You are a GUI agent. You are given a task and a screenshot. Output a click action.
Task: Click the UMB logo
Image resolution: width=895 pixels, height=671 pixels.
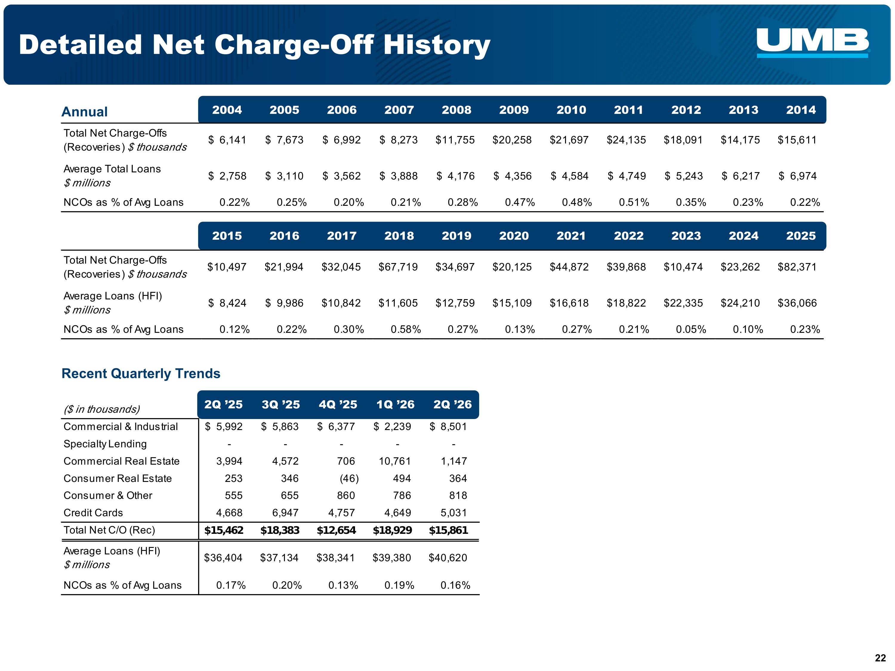[x=812, y=43]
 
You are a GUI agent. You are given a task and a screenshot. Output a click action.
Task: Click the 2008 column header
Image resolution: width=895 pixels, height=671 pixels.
[x=456, y=110]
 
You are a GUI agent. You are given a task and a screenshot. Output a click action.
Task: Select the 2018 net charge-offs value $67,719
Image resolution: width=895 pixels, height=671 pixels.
[x=398, y=267]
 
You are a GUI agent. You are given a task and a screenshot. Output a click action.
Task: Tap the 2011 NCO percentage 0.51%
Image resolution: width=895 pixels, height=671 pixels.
[x=634, y=202]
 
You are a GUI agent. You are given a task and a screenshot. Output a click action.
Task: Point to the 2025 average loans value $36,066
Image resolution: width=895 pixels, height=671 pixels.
[x=797, y=303]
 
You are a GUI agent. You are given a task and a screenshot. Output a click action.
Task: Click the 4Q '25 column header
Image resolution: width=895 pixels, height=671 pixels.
[x=338, y=404]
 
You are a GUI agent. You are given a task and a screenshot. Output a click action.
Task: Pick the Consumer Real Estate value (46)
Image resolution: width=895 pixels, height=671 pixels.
[x=349, y=478]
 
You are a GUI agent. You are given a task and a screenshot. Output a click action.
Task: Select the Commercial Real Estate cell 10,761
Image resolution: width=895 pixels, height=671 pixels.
[x=395, y=461]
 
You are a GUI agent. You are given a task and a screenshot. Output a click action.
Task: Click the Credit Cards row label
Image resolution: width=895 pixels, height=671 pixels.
[x=93, y=513]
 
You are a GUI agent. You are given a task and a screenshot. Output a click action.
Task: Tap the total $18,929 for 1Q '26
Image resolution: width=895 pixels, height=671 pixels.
[x=392, y=530]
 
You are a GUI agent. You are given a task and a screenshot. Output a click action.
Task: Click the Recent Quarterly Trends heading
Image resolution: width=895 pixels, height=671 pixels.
[x=141, y=373]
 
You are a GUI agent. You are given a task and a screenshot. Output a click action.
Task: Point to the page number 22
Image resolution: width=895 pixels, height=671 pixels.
[x=880, y=658]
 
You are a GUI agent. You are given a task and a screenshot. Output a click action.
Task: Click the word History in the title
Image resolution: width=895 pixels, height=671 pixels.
[x=437, y=45]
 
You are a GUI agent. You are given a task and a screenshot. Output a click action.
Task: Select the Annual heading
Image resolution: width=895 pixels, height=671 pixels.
[x=84, y=112]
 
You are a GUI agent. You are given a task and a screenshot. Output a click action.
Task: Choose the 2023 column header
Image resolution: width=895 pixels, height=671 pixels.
[x=686, y=236]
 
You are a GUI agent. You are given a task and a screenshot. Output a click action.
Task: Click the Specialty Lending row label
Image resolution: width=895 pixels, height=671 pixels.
[x=105, y=444]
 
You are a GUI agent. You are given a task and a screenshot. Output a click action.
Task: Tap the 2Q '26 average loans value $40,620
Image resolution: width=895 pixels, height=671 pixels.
[x=448, y=558]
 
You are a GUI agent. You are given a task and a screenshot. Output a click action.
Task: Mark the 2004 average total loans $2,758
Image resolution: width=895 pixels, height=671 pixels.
[x=227, y=176]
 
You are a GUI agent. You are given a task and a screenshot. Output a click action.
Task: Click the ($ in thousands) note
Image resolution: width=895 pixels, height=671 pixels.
[x=101, y=409]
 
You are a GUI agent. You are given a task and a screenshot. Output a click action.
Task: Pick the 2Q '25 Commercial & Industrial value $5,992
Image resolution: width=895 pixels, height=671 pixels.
[x=224, y=427]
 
